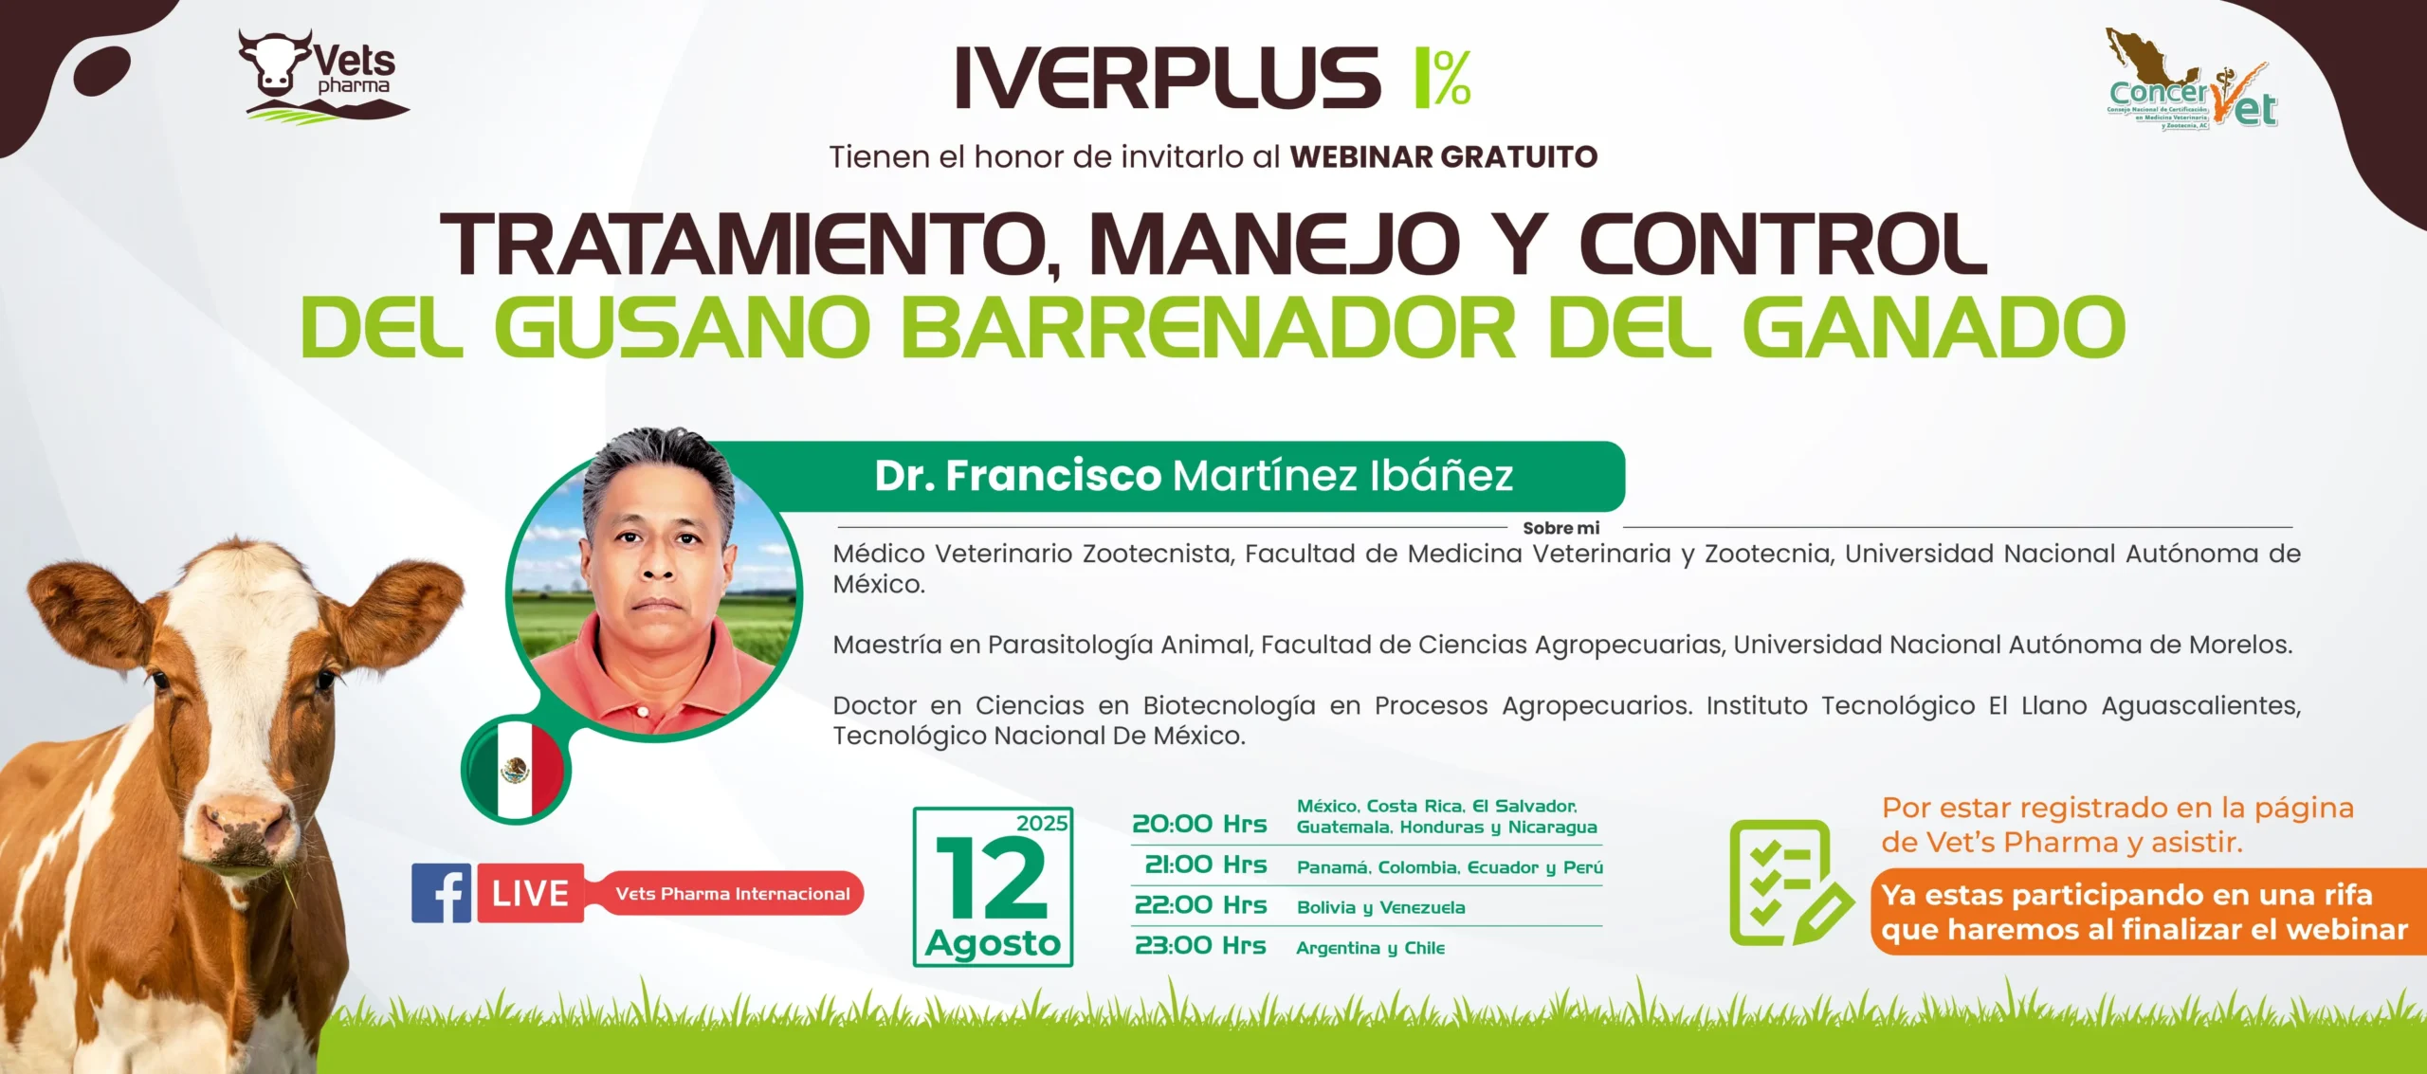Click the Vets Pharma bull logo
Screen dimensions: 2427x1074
point(322,75)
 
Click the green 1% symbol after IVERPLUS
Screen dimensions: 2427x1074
point(1442,77)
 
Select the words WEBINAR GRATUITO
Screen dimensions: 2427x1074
point(1444,156)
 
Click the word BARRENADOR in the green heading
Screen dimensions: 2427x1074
point(1209,327)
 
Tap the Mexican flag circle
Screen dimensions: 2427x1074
point(517,769)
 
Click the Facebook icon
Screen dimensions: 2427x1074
point(441,893)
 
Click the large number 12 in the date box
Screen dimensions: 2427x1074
point(992,879)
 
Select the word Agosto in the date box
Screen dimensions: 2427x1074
point(993,943)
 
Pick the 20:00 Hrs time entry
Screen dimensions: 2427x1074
point(1199,824)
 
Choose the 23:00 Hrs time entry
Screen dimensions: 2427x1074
point(1200,945)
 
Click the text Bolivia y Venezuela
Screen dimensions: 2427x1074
point(1380,907)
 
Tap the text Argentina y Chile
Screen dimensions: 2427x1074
point(1370,948)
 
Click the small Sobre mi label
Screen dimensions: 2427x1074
point(1560,528)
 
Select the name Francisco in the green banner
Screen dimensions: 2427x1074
point(1053,476)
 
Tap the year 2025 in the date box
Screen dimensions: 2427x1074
point(1042,823)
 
